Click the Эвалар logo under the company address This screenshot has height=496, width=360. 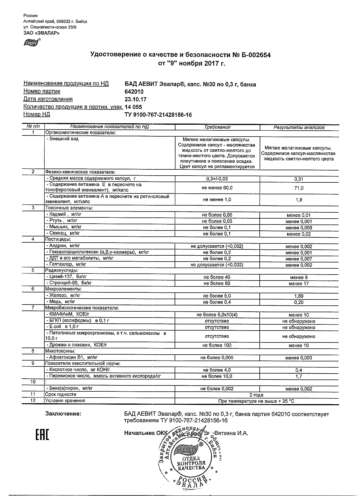coord(31,42)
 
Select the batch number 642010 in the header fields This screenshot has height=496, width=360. coord(134,92)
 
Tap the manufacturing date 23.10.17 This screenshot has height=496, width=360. coord(135,99)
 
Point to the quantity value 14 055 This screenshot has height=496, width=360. coord(133,107)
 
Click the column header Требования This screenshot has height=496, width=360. coord(217,127)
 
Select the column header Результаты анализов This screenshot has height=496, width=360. coord(299,128)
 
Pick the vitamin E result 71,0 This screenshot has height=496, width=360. coord(299,188)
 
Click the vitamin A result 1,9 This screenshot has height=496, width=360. coord(299,200)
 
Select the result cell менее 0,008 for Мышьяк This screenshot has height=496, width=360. coord(299,228)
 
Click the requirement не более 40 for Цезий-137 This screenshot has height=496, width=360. coord(217,277)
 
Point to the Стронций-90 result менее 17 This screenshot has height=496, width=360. coord(299,283)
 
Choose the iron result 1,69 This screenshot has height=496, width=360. coord(299,296)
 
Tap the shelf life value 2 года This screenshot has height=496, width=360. coord(256,395)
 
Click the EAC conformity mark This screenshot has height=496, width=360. coord(42,435)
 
